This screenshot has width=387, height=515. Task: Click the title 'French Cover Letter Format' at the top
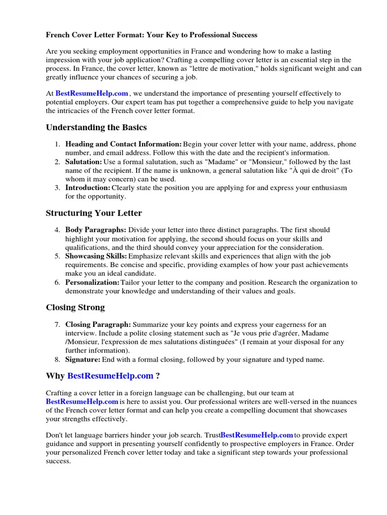[151, 35]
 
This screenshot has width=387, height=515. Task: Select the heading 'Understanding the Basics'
[96, 127]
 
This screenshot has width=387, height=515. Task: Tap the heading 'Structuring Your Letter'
[94, 213]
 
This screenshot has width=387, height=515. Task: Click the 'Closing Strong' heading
[75, 307]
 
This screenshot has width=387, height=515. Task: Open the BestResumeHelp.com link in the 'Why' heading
[110, 376]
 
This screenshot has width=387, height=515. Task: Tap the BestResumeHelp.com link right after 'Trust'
[257, 435]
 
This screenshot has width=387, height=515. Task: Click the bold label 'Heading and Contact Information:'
[123, 144]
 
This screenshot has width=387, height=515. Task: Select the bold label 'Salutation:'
[84, 162]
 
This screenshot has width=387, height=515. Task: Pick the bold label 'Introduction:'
[88, 188]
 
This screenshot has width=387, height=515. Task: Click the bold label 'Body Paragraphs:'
[96, 230]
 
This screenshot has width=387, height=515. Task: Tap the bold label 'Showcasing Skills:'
[96, 256]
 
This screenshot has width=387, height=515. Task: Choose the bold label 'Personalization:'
[92, 282]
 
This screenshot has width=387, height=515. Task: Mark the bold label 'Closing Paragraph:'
[98, 324]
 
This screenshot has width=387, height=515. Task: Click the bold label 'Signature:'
[83, 360]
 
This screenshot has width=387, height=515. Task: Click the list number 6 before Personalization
[57, 282]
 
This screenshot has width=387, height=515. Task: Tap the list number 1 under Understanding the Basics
[57, 144]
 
